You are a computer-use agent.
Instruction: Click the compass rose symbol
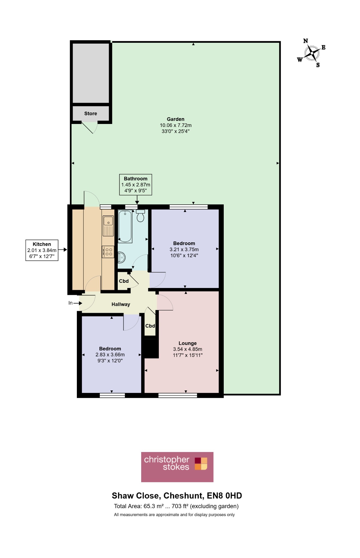point(311,53)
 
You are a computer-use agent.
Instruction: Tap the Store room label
point(90,114)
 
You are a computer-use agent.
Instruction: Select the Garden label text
point(176,119)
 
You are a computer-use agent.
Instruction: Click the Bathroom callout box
point(135,185)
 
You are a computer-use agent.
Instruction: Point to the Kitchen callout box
point(42,250)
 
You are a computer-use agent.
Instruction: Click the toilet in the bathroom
point(140,216)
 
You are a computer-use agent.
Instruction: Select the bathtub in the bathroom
point(125,226)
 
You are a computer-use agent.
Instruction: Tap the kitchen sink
point(108,226)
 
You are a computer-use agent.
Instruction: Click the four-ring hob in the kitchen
point(108,251)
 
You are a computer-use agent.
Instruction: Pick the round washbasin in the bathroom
point(122,257)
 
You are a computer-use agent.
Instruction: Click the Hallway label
point(121,304)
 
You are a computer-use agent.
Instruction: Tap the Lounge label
point(187,343)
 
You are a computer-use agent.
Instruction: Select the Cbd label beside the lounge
point(150,326)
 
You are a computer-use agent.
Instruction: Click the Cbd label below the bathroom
point(124,281)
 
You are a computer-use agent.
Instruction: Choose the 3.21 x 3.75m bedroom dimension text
point(184,249)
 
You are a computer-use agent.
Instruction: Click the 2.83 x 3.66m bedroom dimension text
point(110,354)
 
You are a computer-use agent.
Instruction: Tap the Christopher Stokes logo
point(177,467)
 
